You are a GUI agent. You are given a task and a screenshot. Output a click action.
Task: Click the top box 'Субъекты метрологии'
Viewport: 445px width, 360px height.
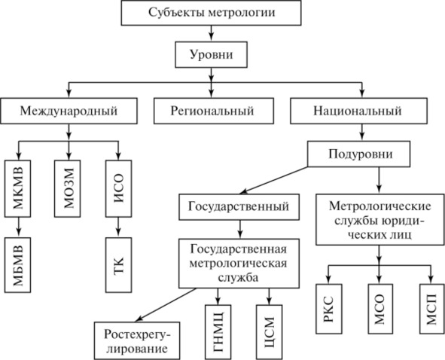tap(211, 13)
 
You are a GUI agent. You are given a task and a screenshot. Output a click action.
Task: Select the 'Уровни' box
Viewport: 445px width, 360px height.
tap(211, 55)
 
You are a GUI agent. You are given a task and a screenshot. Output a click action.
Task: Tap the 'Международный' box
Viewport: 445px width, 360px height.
tap(69, 111)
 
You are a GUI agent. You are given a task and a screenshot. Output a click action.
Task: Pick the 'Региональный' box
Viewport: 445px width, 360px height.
tap(214, 111)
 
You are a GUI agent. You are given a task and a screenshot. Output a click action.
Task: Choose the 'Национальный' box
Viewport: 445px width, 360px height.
tap(358, 111)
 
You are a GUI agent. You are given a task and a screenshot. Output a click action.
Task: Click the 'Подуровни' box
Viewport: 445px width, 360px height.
tap(359, 154)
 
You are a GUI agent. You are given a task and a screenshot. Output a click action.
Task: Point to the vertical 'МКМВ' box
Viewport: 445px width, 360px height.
tap(17, 189)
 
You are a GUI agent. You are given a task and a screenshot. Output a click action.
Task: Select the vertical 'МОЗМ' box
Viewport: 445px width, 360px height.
tap(68, 189)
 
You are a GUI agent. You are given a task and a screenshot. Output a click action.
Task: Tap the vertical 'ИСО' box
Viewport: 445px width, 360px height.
tap(119, 189)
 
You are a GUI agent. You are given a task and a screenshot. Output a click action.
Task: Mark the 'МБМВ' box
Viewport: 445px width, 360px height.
tap(17, 265)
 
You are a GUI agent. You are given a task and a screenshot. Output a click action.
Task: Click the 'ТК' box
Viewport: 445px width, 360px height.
tap(119, 265)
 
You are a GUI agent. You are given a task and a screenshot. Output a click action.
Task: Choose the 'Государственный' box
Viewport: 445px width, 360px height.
tap(239, 207)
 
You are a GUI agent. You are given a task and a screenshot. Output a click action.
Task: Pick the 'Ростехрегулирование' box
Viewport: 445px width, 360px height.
tap(137, 340)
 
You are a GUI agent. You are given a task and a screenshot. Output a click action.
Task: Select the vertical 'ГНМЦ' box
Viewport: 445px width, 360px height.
tap(218, 332)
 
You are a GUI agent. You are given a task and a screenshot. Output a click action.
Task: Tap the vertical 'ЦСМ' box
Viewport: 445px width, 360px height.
tap(270, 332)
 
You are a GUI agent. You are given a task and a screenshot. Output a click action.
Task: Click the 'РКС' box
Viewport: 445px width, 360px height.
tap(329, 309)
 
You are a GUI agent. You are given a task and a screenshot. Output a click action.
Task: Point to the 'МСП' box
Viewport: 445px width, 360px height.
tap(432, 309)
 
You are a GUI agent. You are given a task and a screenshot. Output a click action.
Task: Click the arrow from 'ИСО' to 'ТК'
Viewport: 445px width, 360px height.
tap(118, 227)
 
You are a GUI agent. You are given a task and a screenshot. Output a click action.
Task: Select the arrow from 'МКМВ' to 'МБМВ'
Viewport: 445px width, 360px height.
tap(18, 227)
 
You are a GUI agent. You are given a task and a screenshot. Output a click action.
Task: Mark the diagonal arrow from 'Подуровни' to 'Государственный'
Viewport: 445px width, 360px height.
tap(274, 181)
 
